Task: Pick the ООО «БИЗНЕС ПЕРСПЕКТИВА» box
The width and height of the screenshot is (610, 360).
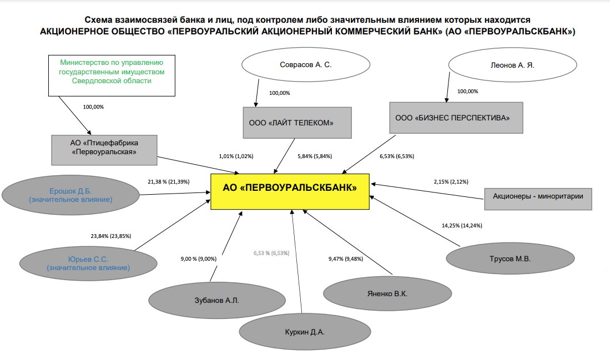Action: (x=456, y=117)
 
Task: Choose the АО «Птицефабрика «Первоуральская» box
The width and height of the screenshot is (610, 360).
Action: (x=104, y=149)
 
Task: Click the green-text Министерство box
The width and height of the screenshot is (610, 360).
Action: (x=112, y=72)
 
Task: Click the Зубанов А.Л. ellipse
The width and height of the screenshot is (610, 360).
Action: (x=201, y=300)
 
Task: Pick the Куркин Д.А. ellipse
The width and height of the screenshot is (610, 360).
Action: (x=304, y=332)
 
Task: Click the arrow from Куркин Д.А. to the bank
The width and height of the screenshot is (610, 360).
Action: (x=296, y=266)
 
